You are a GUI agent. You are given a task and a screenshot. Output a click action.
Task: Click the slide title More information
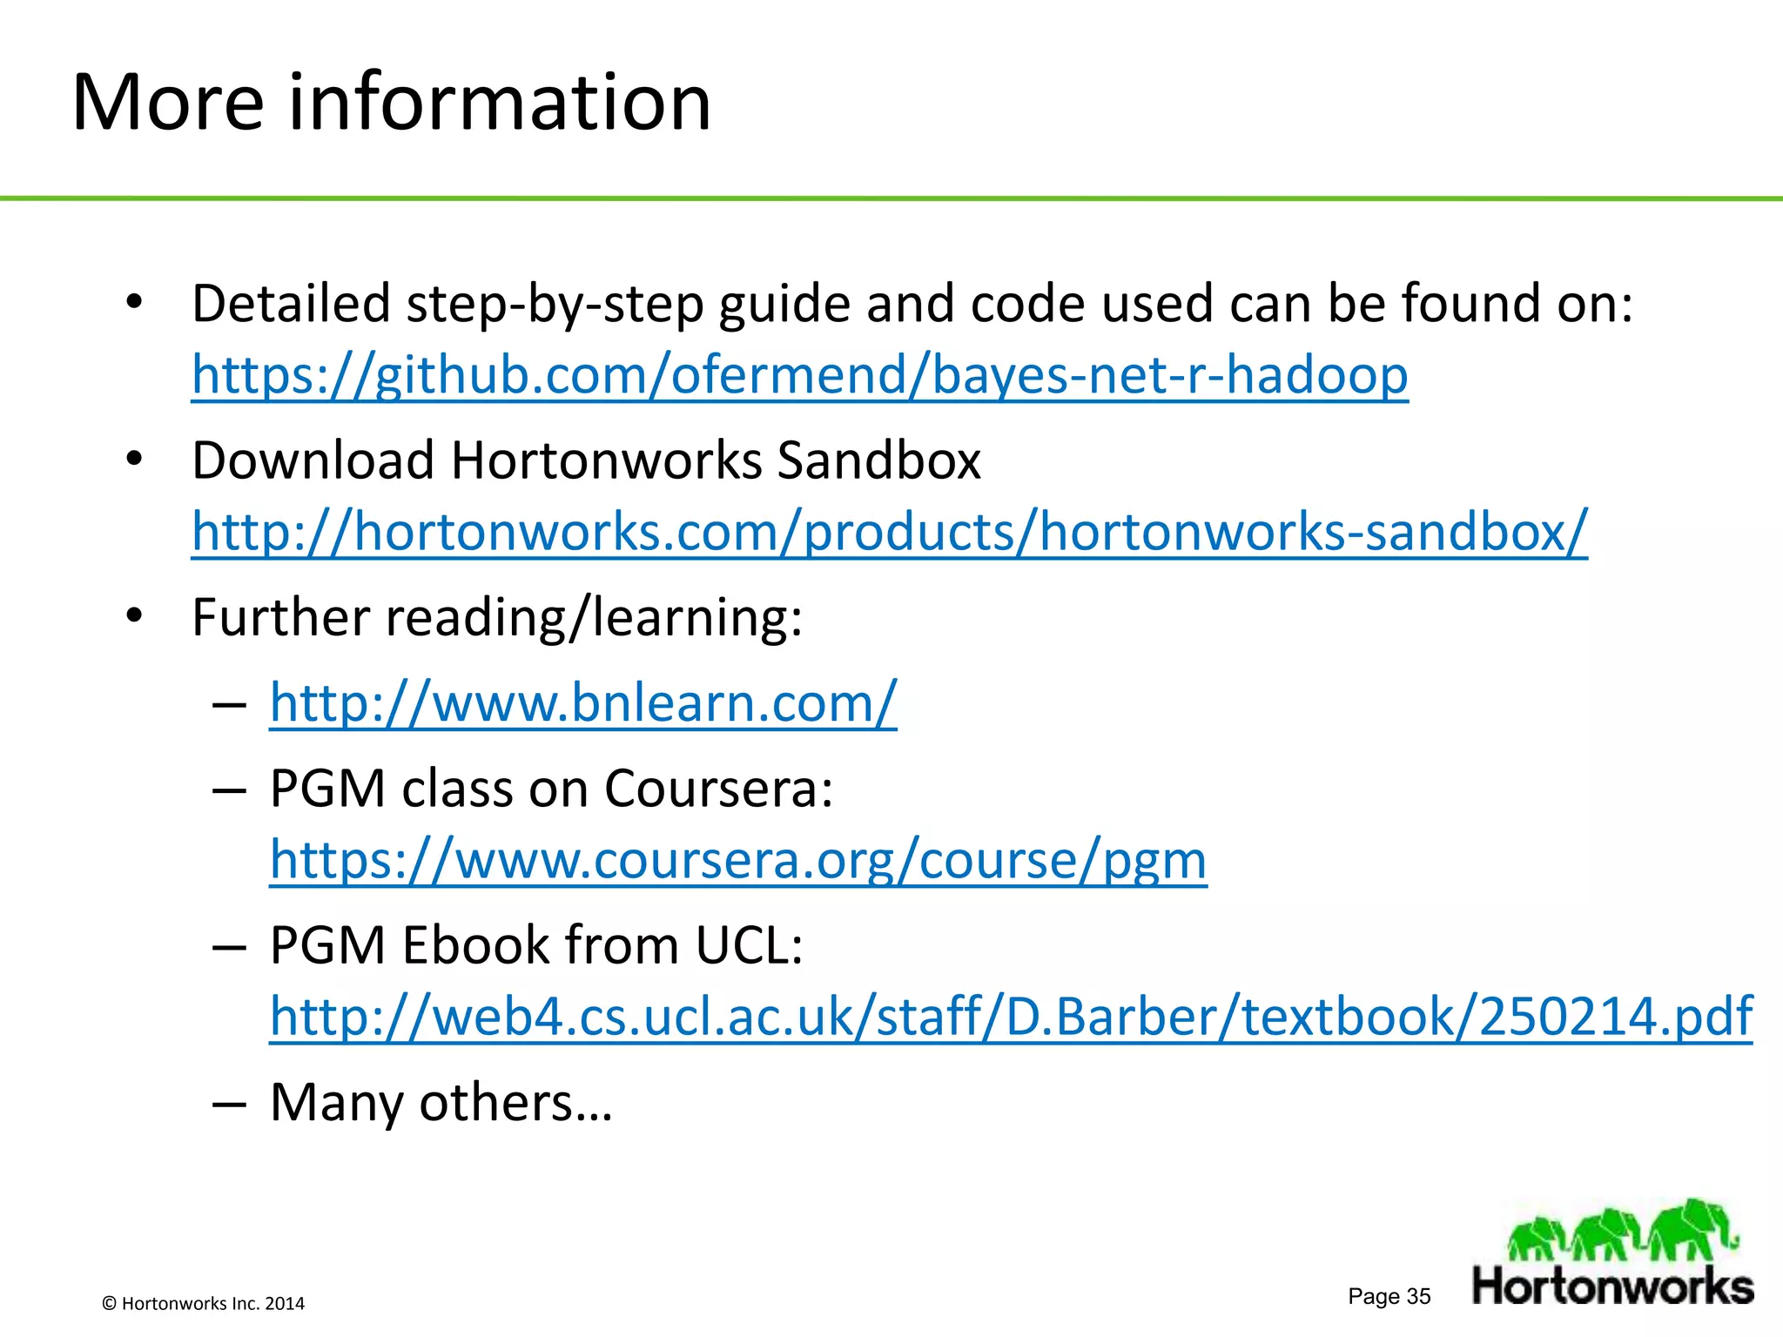392,103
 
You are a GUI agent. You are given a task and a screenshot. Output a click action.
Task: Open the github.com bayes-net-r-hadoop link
799,375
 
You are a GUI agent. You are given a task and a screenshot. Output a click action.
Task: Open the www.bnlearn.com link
582,702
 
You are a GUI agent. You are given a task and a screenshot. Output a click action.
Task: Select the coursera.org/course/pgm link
738,860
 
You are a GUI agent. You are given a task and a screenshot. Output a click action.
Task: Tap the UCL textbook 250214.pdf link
1010,1016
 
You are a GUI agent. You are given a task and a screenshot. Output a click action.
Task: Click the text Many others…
441,1103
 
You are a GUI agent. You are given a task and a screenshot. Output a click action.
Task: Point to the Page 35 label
1389,1296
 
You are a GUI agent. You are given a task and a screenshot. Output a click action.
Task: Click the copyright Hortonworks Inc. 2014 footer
204,1303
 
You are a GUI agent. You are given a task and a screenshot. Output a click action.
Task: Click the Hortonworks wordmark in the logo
1612,1287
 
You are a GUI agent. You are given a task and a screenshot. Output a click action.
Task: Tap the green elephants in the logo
1621,1231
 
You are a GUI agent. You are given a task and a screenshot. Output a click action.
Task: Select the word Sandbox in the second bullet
878,460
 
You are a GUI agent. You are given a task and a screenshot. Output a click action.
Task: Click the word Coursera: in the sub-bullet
718,789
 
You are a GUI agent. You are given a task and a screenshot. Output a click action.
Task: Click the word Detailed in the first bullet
291,305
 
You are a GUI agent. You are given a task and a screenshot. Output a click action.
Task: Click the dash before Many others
229,1104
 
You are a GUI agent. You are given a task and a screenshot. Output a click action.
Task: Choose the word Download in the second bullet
313,460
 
